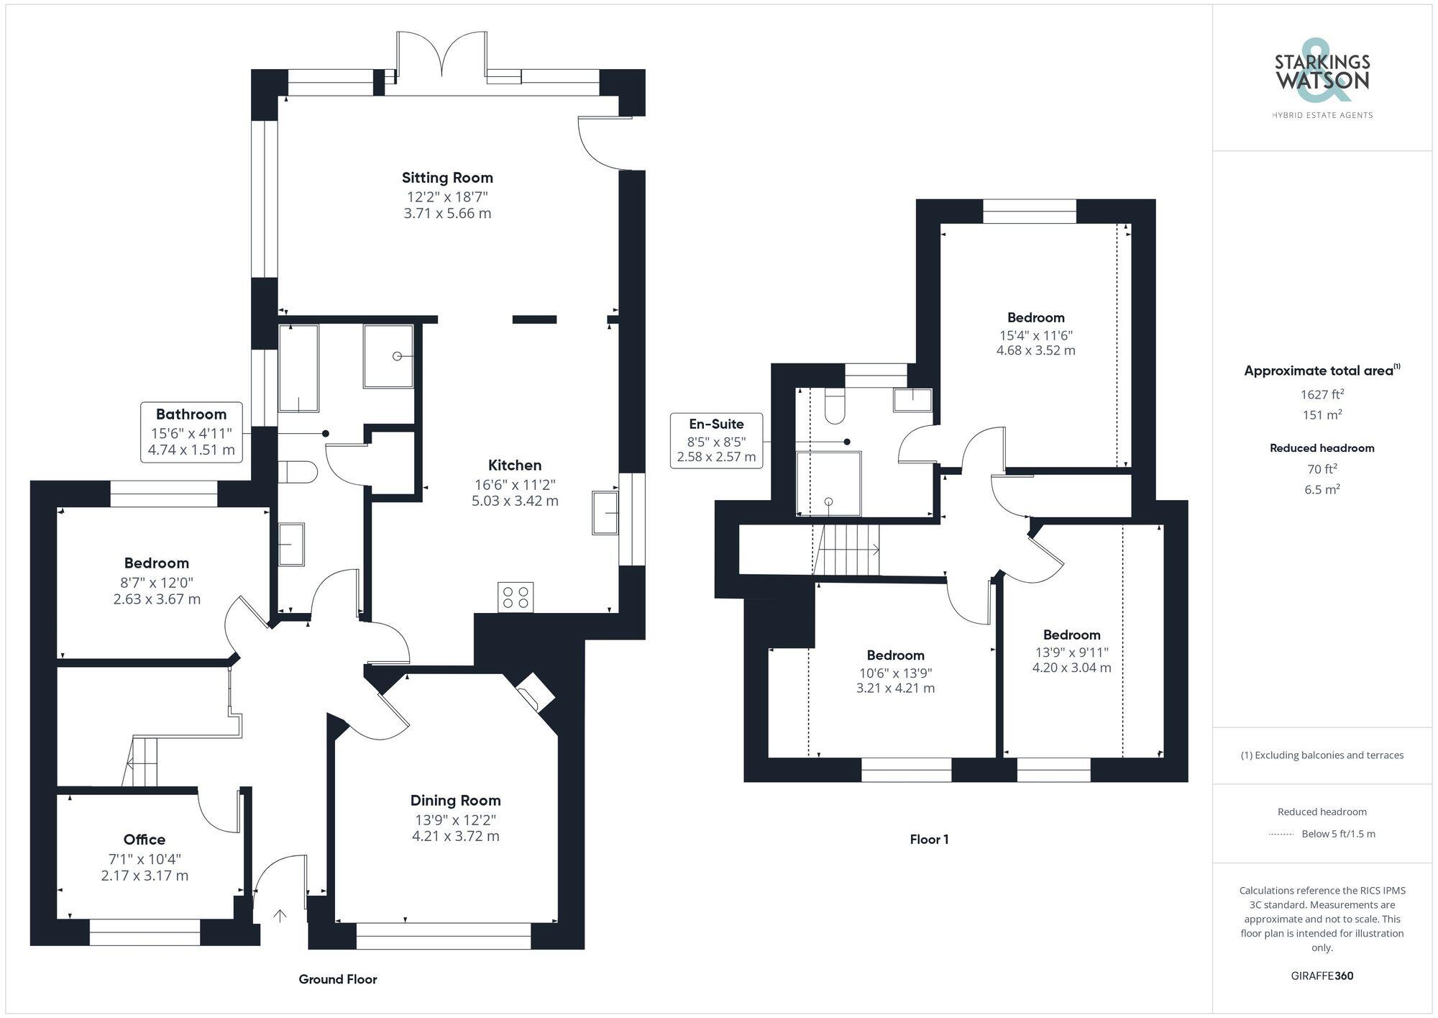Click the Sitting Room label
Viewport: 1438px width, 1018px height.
446,178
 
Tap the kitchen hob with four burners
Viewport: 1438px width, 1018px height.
516,596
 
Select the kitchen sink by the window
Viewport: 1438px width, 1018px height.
605,512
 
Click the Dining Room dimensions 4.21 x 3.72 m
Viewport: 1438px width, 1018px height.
455,836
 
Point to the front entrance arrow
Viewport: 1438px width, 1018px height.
280,916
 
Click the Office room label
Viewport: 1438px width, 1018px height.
145,840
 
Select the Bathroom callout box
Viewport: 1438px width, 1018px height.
191,432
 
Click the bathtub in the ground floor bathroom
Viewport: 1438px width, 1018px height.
298,368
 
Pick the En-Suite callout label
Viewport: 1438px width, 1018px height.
716,440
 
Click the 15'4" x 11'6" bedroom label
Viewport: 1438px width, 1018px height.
1035,318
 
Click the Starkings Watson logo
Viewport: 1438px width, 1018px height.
1322,79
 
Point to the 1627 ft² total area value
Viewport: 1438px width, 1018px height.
1322,394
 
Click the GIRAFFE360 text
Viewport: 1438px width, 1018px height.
1322,976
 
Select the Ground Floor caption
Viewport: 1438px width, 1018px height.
338,979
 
